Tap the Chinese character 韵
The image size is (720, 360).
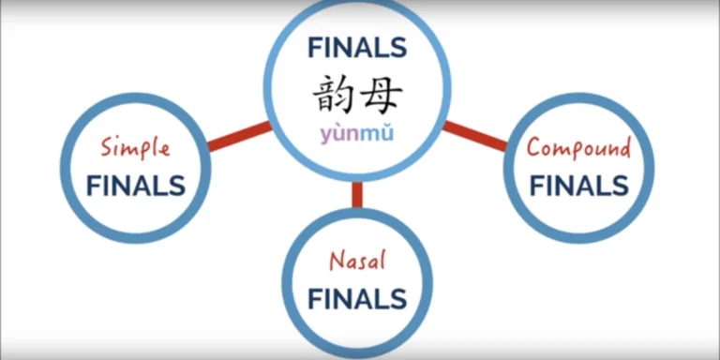(333, 93)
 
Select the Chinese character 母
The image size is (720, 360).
(382, 93)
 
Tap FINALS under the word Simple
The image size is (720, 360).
(136, 185)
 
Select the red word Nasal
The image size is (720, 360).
(357, 262)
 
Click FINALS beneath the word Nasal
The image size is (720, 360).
(357, 299)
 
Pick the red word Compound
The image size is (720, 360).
(578, 147)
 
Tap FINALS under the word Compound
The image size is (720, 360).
(578, 185)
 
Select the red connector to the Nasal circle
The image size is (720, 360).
(357, 194)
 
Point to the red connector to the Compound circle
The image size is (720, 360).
(476, 137)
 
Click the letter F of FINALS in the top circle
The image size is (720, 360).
(314, 48)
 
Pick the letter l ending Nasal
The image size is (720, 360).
(382, 261)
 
